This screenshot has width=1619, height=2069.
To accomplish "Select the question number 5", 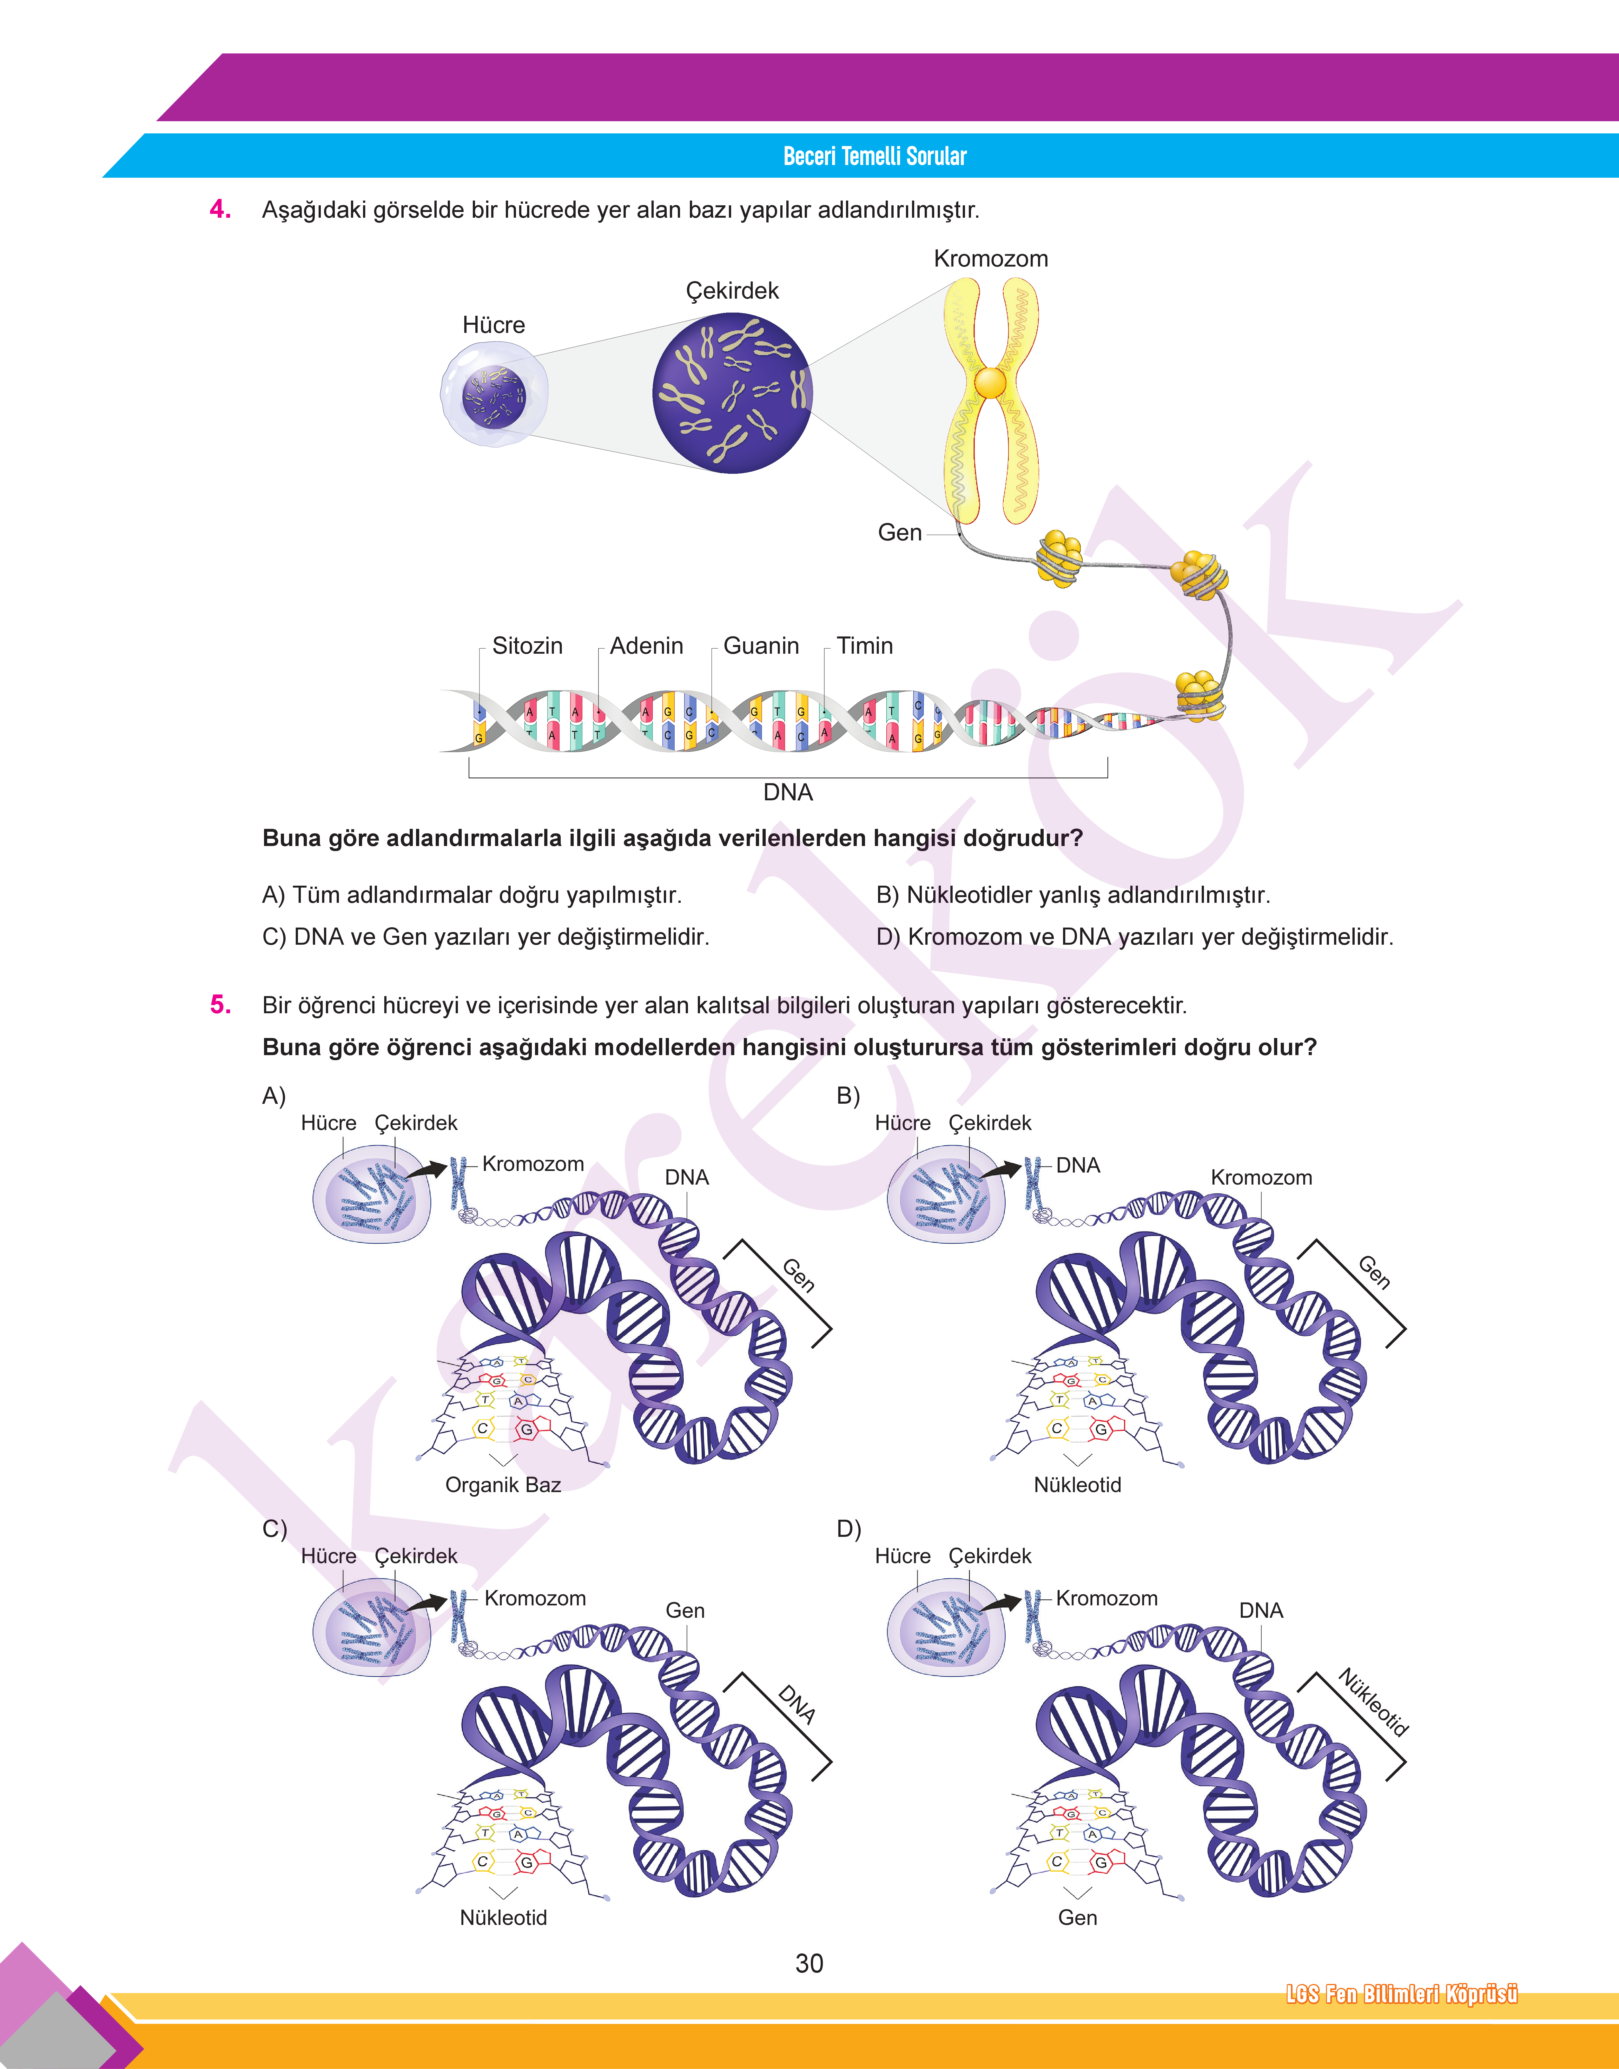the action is click(220, 1005).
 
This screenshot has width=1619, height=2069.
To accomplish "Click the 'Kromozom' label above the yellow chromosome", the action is click(991, 259).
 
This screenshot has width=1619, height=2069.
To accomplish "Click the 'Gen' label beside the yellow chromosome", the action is click(900, 533).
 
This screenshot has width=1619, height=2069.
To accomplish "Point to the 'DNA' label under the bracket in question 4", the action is click(788, 792).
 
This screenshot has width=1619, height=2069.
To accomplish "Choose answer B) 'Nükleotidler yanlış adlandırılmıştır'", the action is click(1073, 895).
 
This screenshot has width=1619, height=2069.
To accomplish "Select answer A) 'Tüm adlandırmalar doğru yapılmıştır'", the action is click(472, 895).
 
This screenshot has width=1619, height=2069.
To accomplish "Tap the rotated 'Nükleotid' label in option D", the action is click(1372, 1701).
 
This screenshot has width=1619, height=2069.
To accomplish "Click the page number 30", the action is click(809, 1963).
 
